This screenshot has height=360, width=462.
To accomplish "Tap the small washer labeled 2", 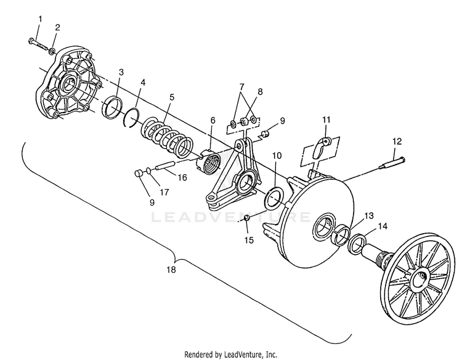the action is (52, 52).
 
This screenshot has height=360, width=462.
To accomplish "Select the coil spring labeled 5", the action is (167, 136).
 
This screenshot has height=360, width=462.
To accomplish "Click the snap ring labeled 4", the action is (131, 118).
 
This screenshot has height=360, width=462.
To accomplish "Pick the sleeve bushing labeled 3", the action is (112, 108).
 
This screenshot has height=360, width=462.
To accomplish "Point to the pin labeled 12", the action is (392, 164).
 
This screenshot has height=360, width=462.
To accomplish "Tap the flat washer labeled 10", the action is (274, 198).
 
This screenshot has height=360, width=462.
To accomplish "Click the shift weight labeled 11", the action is (320, 147).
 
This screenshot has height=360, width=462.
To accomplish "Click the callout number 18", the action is (171, 270).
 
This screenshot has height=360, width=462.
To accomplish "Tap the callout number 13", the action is (368, 216).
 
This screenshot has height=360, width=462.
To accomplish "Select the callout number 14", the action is (383, 226).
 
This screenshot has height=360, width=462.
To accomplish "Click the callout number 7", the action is (241, 87).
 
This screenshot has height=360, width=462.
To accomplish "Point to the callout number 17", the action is (164, 192).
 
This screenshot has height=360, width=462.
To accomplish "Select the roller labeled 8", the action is (245, 121).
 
